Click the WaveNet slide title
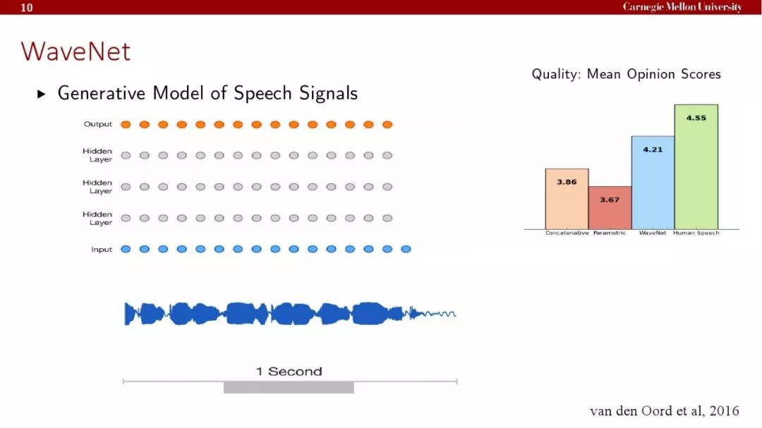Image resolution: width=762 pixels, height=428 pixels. (75, 51)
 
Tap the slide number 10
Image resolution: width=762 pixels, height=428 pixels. (27, 7)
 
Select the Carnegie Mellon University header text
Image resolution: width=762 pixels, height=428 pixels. (682, 7)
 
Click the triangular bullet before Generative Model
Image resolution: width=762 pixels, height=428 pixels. (42, 94)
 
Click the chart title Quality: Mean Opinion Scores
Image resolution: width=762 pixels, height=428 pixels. (626, 74)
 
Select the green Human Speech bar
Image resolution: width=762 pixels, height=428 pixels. (696, 166)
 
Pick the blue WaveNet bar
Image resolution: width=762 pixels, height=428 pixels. (653, 183)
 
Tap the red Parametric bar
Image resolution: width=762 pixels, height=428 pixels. (610, 208)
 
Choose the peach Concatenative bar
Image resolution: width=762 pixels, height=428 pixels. (567, 199)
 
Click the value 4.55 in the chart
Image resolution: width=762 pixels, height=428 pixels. (696, 118)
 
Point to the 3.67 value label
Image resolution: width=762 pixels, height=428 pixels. (610, 200)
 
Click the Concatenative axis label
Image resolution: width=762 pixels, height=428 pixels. (567, 233)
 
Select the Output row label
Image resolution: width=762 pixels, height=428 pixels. (97, 124)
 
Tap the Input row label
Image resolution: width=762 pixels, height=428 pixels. (102, 249)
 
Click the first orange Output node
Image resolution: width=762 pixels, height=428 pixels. (126, 125)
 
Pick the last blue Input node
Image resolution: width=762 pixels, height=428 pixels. (406, 249)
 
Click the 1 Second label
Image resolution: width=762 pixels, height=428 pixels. (289, 372)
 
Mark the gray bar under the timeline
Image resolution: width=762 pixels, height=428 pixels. (289, 388)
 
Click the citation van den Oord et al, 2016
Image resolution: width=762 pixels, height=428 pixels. (665, 411)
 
